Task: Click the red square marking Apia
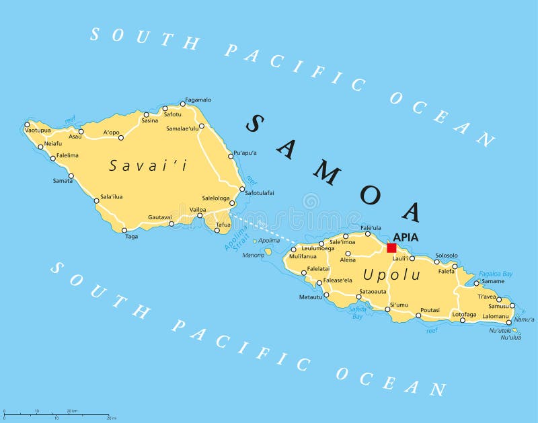click(x=391, y=247)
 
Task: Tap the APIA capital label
click(x=406, y=237)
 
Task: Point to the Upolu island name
click(x=391, y=274)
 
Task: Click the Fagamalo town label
click(x=198, y=100)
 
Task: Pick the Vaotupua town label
click(x=38, y=130)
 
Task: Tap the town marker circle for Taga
click(x=124, y=230)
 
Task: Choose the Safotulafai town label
click(x=260, y=193)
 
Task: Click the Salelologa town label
click(x=216, y=198)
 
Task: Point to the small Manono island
click(x=268, y=252)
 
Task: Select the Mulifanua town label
click(x=303, y=256)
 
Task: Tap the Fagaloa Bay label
click(x=496, y=274)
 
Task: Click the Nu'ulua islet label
click(x=510, y=338)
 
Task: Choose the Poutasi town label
click(x=430, y=310)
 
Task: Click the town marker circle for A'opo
click(x=121, y=138)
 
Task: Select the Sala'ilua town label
click(x=111, y=196)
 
